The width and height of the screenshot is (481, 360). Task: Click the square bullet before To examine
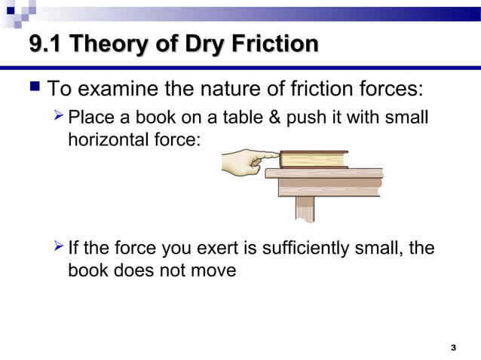tap(33, 90)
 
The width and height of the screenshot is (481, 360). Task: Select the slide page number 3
tap(452, 347)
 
